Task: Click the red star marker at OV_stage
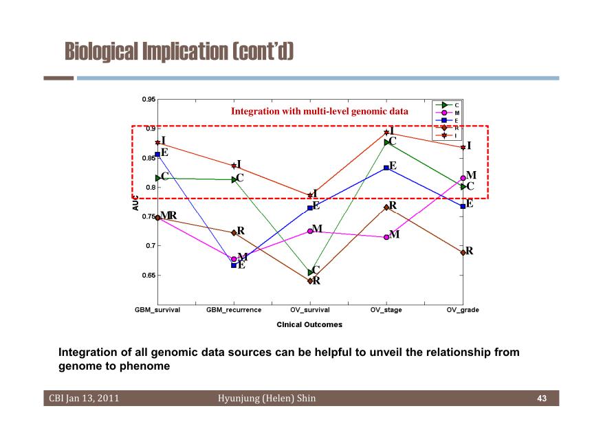tap(386, 133)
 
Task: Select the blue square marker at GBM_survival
tap(157, 155)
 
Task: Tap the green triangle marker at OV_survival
tap(311, 273)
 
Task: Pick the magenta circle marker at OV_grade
tap(463, 178)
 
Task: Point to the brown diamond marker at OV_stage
tap(386, 208)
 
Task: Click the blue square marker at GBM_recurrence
tap(234, 265)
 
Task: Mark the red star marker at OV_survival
tap(310, 195)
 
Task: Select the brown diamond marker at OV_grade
tap(463, 253)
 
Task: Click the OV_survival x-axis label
tap(310, 310)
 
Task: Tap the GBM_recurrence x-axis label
tap(234, 310)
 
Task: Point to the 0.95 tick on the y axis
tap(149, 100)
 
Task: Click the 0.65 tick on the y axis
tap(149, 276)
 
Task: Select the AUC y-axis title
tap(135, 203)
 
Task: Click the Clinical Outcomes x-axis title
tap(309, 324)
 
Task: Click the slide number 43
tap(542, 399)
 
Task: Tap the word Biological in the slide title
tap(101, 52)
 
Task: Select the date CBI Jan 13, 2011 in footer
tap(84, 399)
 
